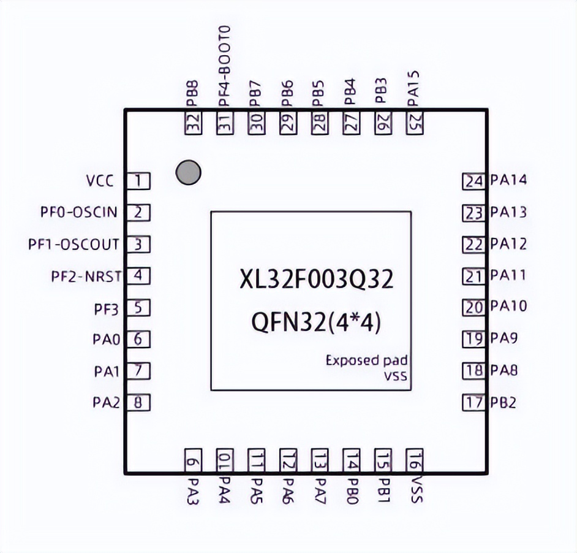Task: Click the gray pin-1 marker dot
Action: tap(187, 173)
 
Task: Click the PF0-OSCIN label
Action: tap(79, 213)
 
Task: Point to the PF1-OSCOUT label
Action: tap(74, 245)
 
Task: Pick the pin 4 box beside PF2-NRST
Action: tap(139, 276)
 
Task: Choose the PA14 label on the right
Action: tap(508, 181)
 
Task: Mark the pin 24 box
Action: tap(473, 181)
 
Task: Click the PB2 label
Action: tap(503, 403)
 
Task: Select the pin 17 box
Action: tap(473, 403)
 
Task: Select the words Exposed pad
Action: tap(366, 360)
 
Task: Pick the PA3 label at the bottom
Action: tap(194, 491)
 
